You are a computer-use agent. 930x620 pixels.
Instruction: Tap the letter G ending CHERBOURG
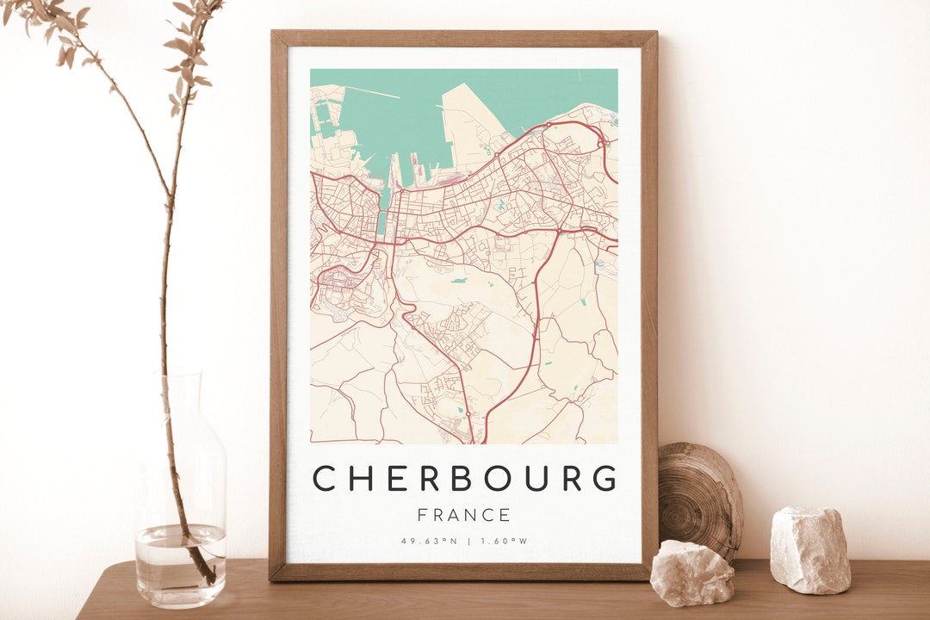pyautogui.click(x=605, y=478)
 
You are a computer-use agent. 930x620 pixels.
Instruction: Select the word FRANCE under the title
pyautogui.click(x=464, y=515)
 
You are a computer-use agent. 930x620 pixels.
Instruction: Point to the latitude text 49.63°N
pyautogui.click(x=428, y=541)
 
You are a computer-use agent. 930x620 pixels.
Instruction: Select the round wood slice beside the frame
pyautogui.click(x=699, y=499)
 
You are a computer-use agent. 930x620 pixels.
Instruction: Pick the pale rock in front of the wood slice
pyautogui.click(x=692, y=573)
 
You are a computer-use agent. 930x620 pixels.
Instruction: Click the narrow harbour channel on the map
pyautogui.click(x=383, y=207)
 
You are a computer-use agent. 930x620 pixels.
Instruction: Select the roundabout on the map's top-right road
pyautogui.click(x=549, y=125)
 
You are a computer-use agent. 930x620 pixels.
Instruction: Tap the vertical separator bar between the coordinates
pyautogui.click(x=468, y=541)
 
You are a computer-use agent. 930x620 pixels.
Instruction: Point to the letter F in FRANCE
pyautogui.click(x=423, y=515)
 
